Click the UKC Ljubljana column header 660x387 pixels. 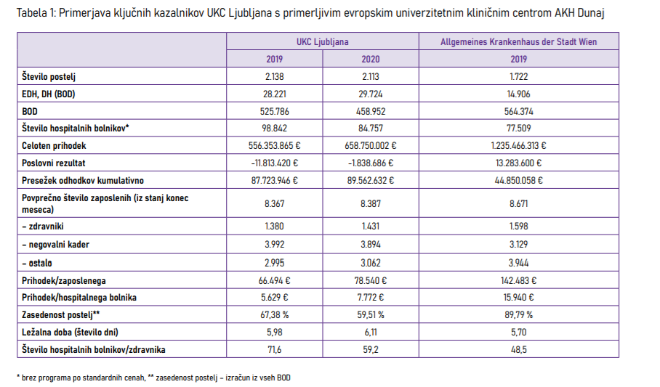pyautogui.click(x=322, y=42)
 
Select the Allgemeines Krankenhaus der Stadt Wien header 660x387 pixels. pyautogui.click(x=518, y=42)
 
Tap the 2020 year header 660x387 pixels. pyautogui.click(x=370, y=60)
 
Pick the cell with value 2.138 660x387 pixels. pyautogui.click(x=274, y=76)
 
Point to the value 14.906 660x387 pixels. pyautogui.click(x=518, y=94)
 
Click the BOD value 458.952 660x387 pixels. pyautogui.click(x=370, y=111)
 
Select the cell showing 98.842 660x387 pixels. pyautogui.click(x=274, y=129)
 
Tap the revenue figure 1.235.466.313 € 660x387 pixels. pyautogui.click(x=518, y=146)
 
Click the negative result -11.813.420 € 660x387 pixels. pyautogui.click(x=274, y=163)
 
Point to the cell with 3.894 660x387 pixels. pyautogui.click(x=370, y=245)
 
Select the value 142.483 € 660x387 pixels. pyautogui.click(x=518, y=280)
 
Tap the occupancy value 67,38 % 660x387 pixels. pyautogui.click(x=274, y=314)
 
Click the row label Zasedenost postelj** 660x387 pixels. pyautogui.click(x=61, y=314)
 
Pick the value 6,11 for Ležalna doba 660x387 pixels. pyautogui.click(x=370, y=332)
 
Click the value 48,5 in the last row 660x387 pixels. pyautogui.click(x=518, y=349)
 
